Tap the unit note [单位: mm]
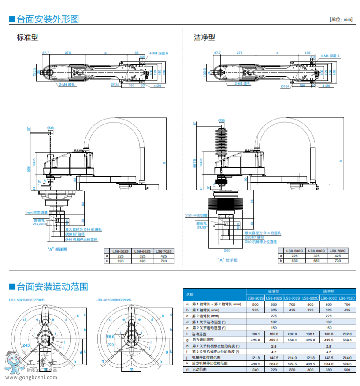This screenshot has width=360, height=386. tap(341, 19)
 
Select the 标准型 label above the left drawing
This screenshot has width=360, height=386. tap(27, 37)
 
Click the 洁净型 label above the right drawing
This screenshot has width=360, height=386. tap(204, 37)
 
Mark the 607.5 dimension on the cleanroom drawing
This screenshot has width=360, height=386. tap(195, 163)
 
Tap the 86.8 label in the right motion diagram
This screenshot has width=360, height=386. tap(110, 337)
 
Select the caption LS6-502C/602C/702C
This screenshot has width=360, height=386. tap(113, 300)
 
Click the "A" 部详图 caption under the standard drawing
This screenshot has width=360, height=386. tap(56, 250)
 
